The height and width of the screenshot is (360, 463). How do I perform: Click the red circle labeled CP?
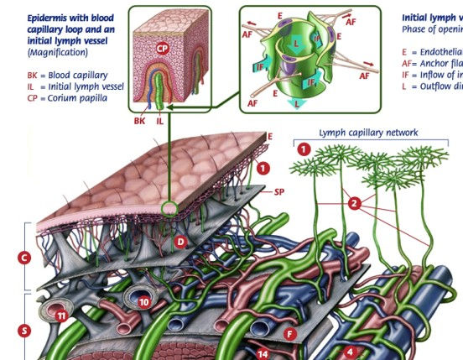coord(163,49)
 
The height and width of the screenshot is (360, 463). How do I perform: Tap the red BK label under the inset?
coord(140,121)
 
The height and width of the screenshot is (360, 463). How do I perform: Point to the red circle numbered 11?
coord(60,315)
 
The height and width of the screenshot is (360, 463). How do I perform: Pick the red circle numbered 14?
coord(263,354)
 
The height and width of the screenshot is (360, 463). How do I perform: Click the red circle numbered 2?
coord(354,203)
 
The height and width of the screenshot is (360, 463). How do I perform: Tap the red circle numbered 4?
coord(351,352)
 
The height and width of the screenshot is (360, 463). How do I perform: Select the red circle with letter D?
coord(179,242)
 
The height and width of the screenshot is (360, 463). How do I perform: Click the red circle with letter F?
coord(291,334)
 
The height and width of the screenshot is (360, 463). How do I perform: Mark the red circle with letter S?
coord(25,330)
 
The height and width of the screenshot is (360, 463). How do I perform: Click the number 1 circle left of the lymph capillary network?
coord(305,149)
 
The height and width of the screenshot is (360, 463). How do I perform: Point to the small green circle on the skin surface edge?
coord(171,207)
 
